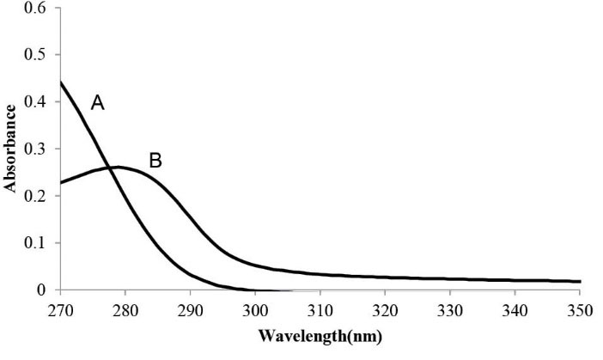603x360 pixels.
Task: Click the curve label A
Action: (x=98, y=104)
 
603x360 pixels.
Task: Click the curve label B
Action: (x=155, y=160)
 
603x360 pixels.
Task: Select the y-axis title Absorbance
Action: (x=12, y=149)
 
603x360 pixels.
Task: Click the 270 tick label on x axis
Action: (x=60, y=308)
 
